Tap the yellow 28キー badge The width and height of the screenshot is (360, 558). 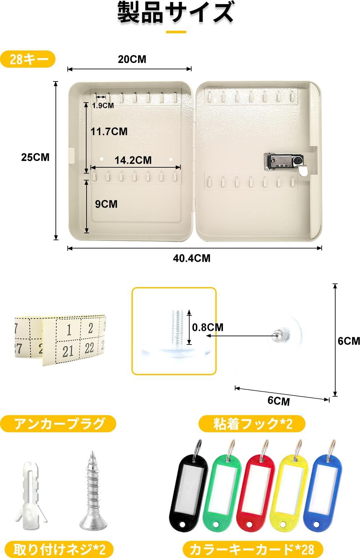coord(28,59)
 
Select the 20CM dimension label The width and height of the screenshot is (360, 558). coord(132,59)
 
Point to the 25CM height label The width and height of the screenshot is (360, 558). coord(35,157)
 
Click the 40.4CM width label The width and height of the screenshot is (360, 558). coord(192,258)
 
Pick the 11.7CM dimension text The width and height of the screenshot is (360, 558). coord(109,132)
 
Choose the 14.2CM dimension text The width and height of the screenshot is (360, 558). coord(133,160)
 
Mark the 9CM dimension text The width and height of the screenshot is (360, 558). coord(106,204)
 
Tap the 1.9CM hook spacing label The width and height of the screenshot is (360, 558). coord(103,106)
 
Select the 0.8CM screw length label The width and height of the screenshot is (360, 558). coord(208,327)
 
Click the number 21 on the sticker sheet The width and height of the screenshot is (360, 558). coord(68,351)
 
